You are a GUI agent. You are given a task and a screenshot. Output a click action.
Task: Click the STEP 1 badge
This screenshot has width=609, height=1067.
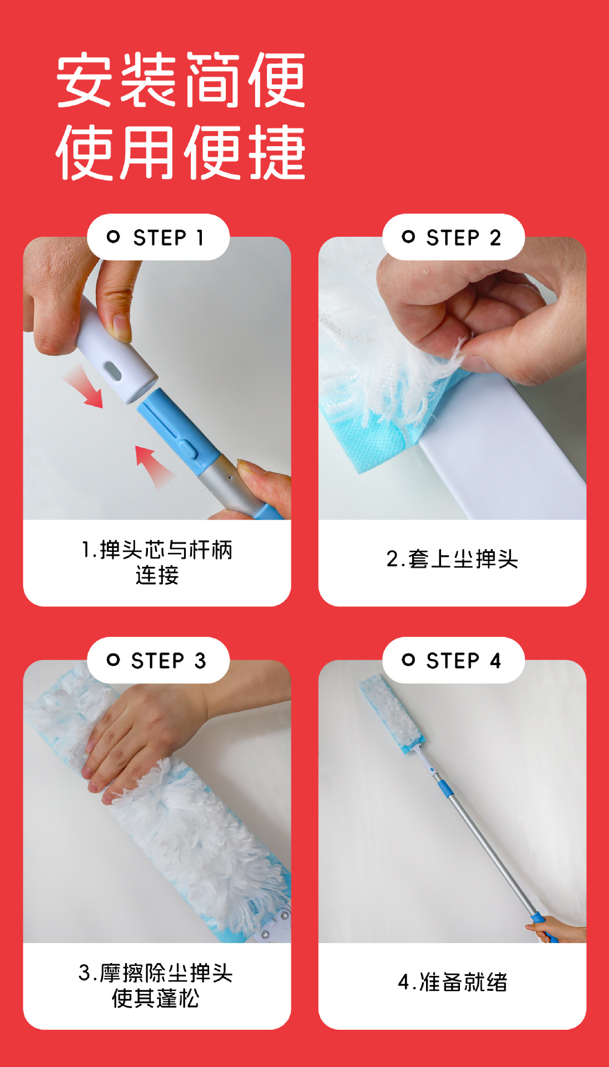[158, 237]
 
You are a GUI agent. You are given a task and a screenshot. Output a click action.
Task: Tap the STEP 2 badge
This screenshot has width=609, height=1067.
[453, 237]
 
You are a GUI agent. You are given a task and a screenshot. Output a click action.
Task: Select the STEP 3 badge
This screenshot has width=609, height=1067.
[158, 660]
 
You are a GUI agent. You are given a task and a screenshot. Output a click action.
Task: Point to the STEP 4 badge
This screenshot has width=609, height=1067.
[453, 660]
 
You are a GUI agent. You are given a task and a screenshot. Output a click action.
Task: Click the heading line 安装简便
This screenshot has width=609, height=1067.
[181, 79]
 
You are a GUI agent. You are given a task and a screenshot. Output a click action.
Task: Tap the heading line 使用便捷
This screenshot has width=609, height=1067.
[181, 152]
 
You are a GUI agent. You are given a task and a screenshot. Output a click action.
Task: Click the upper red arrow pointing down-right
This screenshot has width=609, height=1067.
[83, 390]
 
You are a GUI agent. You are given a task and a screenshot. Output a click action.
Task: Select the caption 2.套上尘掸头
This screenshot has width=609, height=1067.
[452, 559]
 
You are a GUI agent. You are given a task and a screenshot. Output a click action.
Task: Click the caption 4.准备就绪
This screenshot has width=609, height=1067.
[452, 982]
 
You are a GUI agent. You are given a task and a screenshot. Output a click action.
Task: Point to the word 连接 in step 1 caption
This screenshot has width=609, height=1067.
[157, 575]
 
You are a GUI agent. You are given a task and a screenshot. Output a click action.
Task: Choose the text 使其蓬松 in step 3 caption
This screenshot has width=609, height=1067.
[156, 999]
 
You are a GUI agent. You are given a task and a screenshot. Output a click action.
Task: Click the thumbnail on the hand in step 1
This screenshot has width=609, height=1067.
[121, 328]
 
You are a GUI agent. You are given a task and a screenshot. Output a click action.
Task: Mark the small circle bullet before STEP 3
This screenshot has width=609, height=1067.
[113, 660]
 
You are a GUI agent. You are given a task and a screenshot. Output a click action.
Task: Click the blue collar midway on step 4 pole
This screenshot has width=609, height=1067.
[444, 788]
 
